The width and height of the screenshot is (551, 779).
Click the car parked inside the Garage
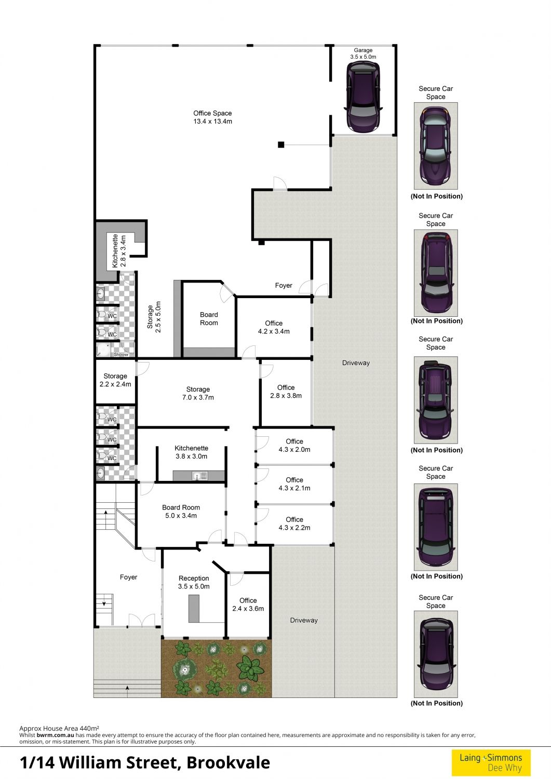tap(363, 97)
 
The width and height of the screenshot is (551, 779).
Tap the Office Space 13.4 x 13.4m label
tap(212, 117)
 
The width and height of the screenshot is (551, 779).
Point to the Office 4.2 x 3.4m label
tap(274, 327)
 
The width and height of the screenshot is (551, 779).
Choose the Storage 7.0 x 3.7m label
tap(198, 393)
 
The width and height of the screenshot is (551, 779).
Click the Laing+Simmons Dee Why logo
tap(491, 762)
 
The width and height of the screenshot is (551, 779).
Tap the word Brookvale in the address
tap(228, 762)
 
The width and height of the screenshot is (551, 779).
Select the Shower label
tap(121, 355)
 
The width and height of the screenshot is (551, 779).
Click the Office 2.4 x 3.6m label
tap(248, 605)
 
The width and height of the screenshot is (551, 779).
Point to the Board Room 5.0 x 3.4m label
tap(181, 512)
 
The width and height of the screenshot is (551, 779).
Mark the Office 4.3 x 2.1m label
tap(294, 483)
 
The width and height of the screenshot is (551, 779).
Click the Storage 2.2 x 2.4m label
tap(115, 380)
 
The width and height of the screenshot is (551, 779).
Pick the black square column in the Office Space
tap(281, 145)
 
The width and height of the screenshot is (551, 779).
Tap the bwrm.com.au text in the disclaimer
tap(56, 735)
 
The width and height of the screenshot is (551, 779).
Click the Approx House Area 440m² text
tap(59, 728)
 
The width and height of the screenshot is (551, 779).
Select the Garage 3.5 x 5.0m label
tap(363, 53)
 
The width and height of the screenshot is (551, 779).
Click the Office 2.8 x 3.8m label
tap(286, 392)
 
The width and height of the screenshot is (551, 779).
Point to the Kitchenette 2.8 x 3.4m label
tap(119, 250)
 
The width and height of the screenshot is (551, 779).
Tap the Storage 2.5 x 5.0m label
tap(154, 317)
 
